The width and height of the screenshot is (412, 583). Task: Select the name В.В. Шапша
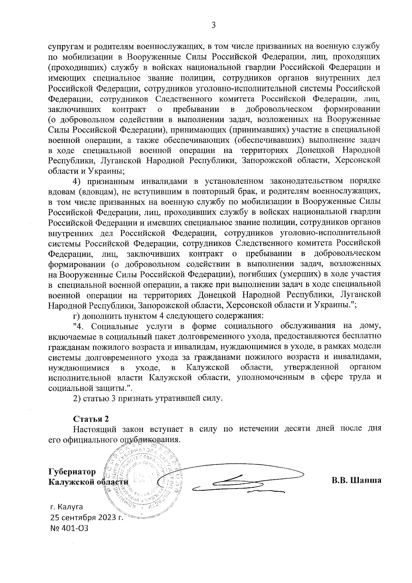coord(356,480)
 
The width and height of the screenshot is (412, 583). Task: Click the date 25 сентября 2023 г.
coord(87,517)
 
